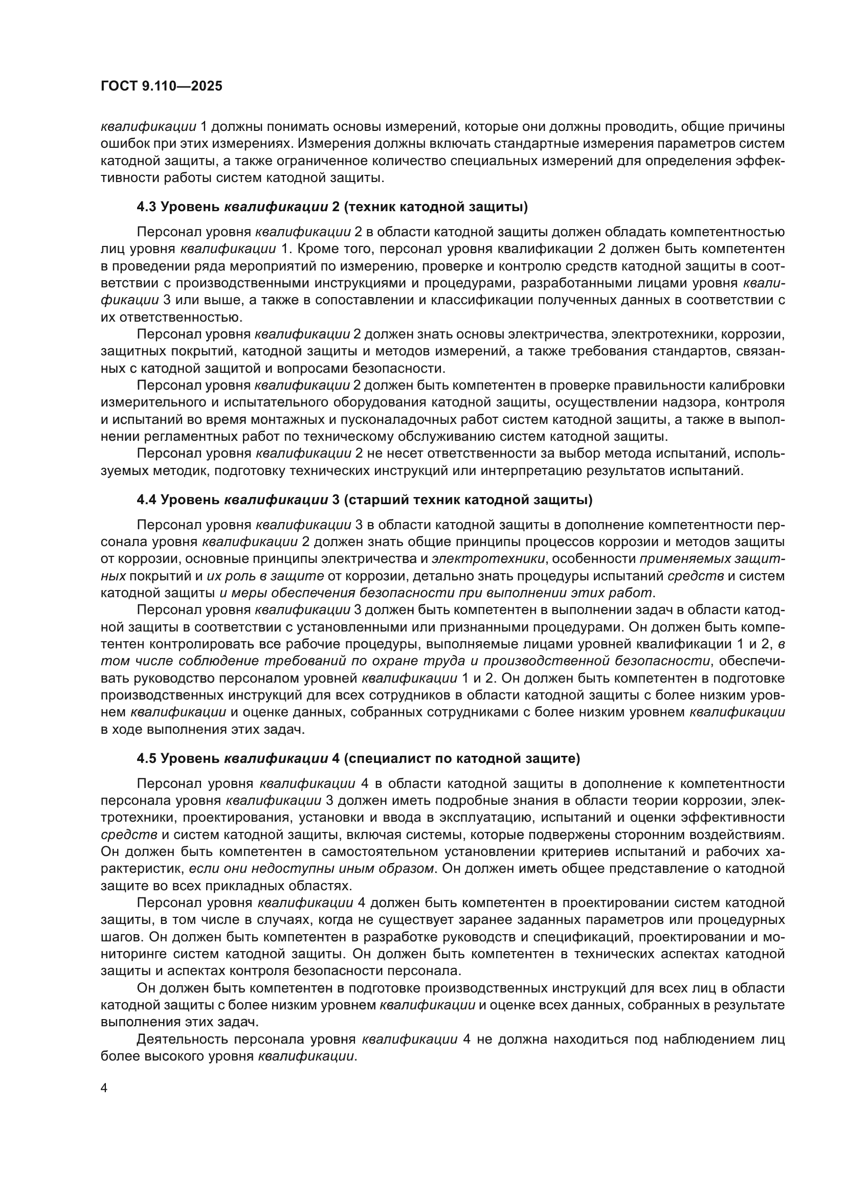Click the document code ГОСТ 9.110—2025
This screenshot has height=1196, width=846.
pos(161,86)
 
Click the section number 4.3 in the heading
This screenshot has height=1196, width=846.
pos(146,207)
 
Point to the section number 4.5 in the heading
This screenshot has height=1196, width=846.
pos(146,758)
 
